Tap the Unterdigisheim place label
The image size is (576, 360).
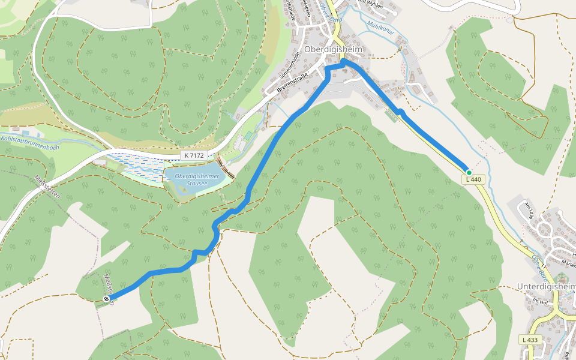pyautogui.click(x=546, y=287)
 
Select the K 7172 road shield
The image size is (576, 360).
pyautogui.click(x=194, y=155)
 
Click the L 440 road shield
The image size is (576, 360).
pyautogui.click(x=473, y=179)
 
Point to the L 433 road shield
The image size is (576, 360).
pyautogui.click(x=529, y=340)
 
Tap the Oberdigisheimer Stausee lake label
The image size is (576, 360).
pyautogui.click(x=197, y=179)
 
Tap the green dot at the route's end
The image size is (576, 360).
pyautogui.click(x=469, y=172)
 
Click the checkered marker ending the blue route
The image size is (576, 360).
pyautogui.click(x=106, y=299)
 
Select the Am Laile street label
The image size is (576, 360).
pyautogui.click(x=528, y=210)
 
